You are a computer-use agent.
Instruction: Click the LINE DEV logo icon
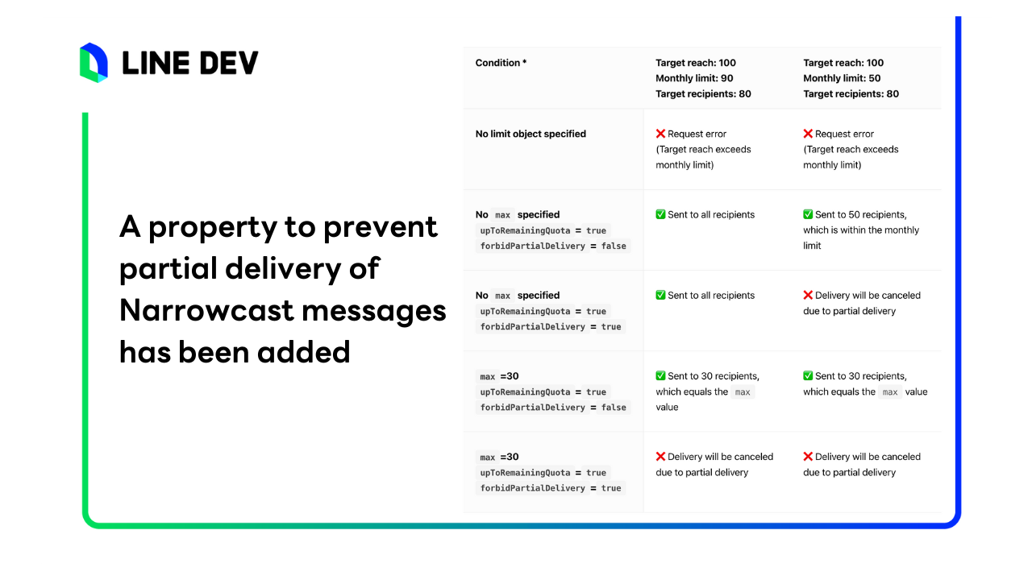tap(94, 63)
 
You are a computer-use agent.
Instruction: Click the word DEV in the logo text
tap(229, 63)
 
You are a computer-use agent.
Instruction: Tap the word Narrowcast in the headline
tap(206, 310)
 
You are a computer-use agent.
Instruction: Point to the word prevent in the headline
tap(380, 227)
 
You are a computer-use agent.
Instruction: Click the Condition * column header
tap(501, 63)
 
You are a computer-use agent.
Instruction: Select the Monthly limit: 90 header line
tap(694, 78)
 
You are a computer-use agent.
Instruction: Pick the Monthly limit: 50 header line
tap(842, 78)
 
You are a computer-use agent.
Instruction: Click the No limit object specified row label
tap(531, 134)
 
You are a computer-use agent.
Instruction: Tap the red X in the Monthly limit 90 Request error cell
tap(660, 134)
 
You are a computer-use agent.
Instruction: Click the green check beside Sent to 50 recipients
tap(808, 214)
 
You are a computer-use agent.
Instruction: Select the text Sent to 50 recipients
tap(860, 214)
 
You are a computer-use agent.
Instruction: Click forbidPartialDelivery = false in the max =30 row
tap(553, 408)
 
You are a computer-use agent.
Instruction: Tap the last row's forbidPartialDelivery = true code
tap(551, 488)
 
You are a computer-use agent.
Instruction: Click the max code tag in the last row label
tap(488, 457)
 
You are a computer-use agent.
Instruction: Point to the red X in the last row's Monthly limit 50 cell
tap(808, 456)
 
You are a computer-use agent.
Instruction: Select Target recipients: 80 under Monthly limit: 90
tap(703, 94)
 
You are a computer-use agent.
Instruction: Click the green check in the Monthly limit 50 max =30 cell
tap(808, 375)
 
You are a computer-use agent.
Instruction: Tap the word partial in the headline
tap(169, 269)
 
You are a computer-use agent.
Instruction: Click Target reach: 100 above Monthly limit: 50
tap(843, 63)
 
